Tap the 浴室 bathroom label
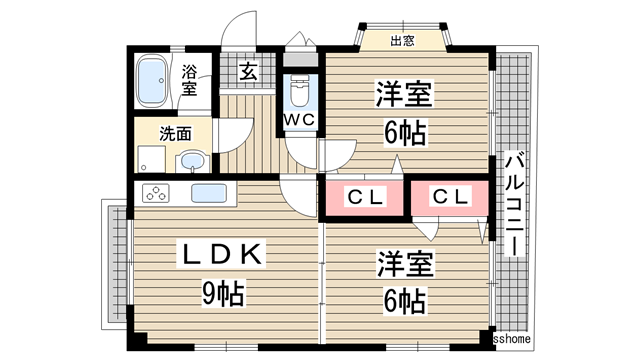pos(189,80)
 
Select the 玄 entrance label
pos(247,72)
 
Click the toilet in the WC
pos(299,92)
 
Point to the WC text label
pos(299,120)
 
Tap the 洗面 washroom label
pos(177,132)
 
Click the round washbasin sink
pos(194,161)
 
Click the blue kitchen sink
pos(208,193)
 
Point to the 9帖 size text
pos(224,295)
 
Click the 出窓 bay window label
pos(402,41)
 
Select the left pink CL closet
pos(365,197)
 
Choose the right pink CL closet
pos(449,197)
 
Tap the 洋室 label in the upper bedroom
pos(404,95)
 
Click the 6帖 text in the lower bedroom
pos(403,301)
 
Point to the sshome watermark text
pos(516,339)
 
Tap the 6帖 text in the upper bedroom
pos(404,133)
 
